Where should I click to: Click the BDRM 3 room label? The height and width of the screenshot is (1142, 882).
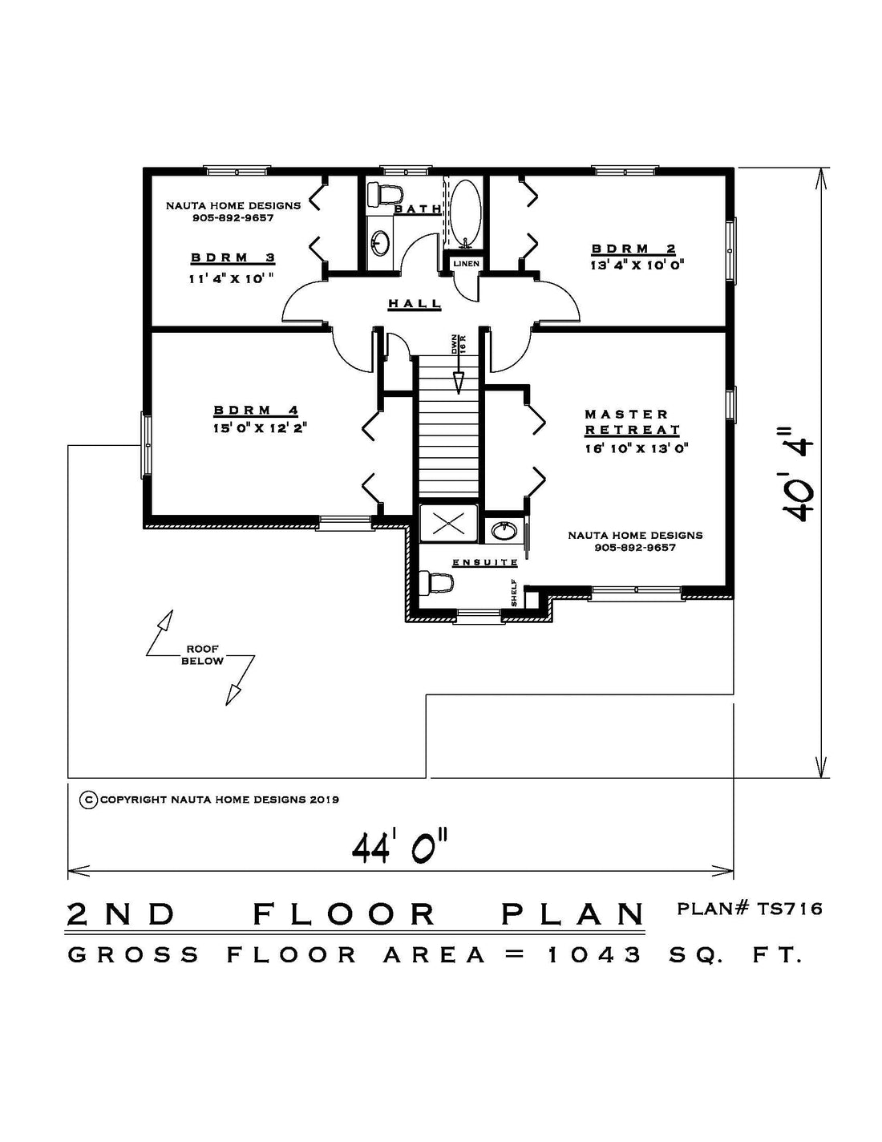tap(233, 258)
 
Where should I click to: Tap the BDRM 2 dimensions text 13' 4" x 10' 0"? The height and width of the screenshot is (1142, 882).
tap(637, 265)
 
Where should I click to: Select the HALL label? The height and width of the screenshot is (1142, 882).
tap(415, 304)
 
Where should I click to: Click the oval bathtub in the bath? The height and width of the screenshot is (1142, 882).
tap(465, 213)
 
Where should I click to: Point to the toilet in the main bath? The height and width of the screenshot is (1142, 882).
tap(384, 193)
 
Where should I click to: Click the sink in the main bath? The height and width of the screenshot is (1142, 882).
tap(380, 243)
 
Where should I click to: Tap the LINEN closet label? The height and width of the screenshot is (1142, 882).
tap(467, 263)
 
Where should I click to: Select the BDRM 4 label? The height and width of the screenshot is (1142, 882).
tap(257, 410)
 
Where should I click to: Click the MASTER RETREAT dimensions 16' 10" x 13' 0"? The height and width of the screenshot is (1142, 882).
tap(637, 448)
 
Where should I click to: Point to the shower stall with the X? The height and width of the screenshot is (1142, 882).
tap(448, 523)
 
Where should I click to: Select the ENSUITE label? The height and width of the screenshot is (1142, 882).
tap(485, 563)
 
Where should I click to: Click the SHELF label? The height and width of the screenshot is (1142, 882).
tap(514, 593)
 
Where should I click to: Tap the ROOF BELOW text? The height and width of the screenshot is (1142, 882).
tap(202, 655)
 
